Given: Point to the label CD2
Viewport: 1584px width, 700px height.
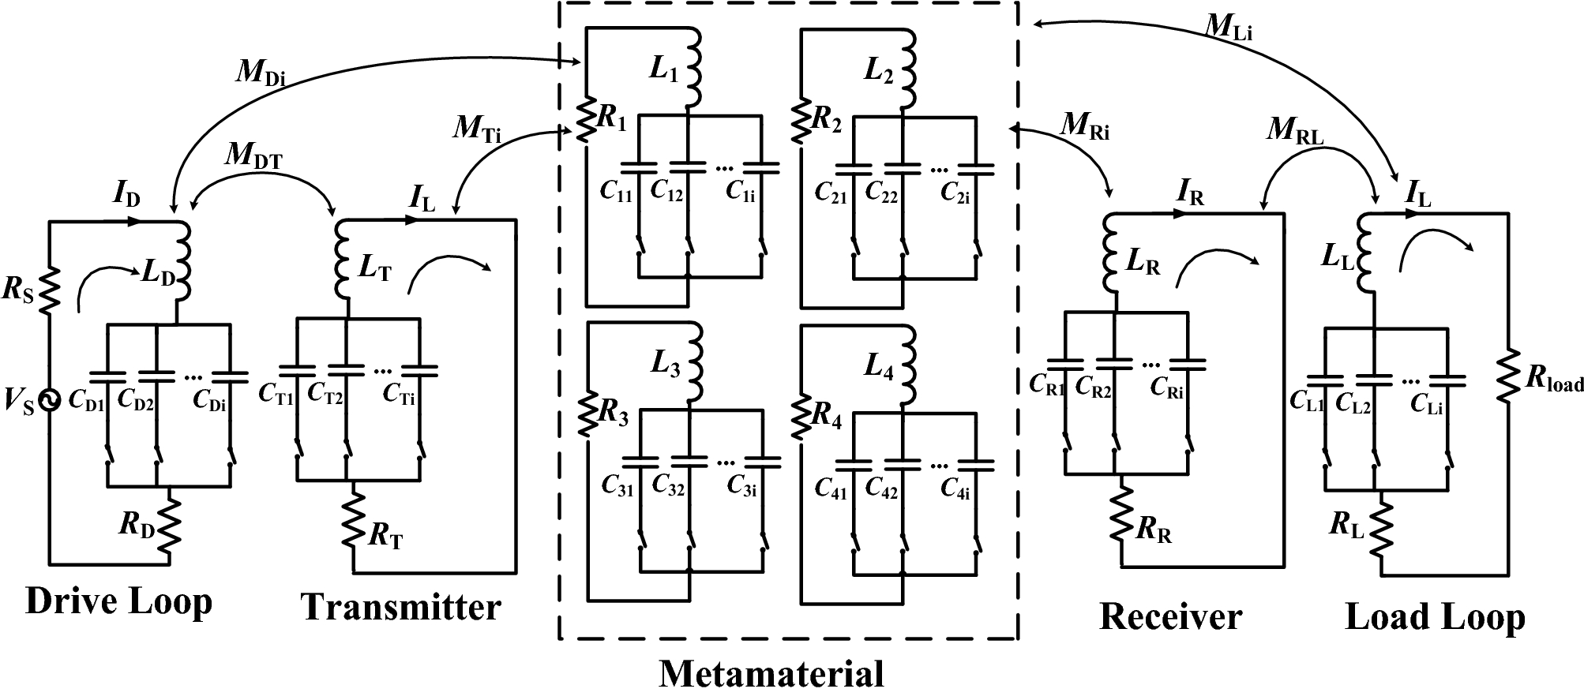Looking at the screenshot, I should (135, 401).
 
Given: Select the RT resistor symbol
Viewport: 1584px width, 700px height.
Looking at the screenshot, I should (353, 523).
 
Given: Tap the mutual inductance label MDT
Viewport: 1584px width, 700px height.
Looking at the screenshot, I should (254, 154).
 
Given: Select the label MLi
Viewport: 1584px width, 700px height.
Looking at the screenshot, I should (1228, 26).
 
